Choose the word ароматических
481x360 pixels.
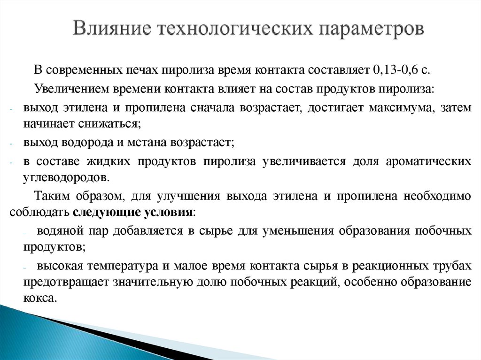tap(428, 161)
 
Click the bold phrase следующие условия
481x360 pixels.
tap(132, 211)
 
